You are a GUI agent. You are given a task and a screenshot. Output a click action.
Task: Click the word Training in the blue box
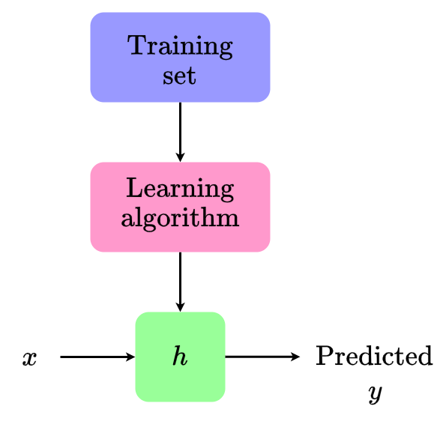click(180, 47)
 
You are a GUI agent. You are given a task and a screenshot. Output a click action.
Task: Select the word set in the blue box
click(179, 76)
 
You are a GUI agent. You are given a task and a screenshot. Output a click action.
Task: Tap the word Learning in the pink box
click(180, 190)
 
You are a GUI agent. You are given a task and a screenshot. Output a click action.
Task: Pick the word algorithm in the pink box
click(180, 218)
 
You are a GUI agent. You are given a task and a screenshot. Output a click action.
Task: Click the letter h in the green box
click(180, 356)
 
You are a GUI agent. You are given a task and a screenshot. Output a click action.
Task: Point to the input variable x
click(30, 359)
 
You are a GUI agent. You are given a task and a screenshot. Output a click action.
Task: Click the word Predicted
click(374, 356)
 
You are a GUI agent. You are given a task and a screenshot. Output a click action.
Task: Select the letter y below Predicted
click(376, 393)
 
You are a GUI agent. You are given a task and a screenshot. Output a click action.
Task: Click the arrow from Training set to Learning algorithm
click(180, 132)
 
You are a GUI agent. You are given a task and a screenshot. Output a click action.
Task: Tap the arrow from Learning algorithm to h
click(180, 282)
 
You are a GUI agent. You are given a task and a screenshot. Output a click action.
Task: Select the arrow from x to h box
click(97, 357)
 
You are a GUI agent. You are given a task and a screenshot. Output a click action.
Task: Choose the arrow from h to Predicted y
click(262, 357)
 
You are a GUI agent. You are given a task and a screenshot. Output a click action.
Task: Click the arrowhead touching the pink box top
click(180, 157)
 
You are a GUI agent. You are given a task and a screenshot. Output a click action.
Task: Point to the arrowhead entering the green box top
click(180, 307)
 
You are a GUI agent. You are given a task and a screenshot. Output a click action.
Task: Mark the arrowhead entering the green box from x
click(130, 357)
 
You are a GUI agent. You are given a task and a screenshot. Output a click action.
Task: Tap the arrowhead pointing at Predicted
click(295, 357)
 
